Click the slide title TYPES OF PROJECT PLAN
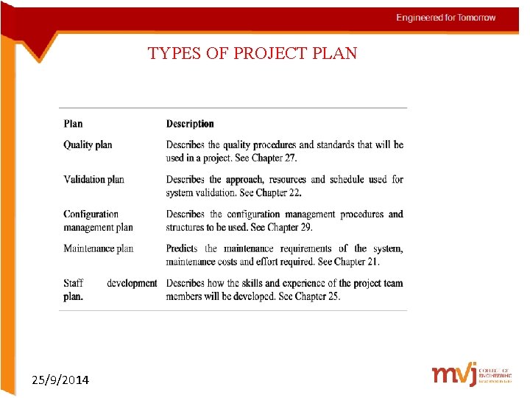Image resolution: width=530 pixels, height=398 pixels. coord(252,54)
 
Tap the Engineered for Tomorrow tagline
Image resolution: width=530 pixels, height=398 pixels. coord(445,18)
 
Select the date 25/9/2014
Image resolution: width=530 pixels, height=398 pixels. coord(60,380)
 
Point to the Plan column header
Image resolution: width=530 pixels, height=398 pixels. coord(73,124)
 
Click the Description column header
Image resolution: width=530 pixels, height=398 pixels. coord(190,124)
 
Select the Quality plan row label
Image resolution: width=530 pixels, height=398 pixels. coord(88,145)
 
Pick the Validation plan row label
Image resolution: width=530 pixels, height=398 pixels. coord(93,179)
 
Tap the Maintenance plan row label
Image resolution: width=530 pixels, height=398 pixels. coord(98,248)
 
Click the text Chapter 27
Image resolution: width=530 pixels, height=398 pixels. coord(274,158)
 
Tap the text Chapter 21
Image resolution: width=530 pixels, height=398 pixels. coord(356,262)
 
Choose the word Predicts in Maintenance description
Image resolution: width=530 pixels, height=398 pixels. coord(182,248)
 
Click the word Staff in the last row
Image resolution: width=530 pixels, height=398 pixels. coord(73,283)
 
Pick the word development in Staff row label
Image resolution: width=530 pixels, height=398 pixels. coord(132,283)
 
